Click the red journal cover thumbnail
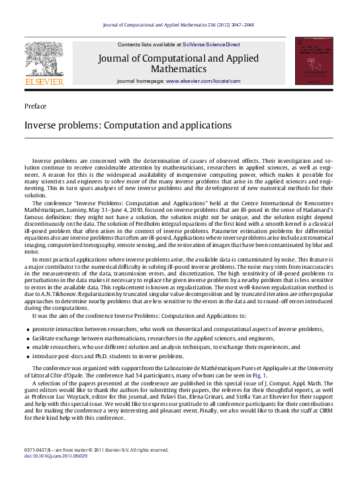[x=314, y=61]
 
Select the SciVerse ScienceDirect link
[x=211, y=44]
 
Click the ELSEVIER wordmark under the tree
[x=44, y=81]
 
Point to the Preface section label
[x=36, y=106]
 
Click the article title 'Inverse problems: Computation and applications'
[x=118, y=125]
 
